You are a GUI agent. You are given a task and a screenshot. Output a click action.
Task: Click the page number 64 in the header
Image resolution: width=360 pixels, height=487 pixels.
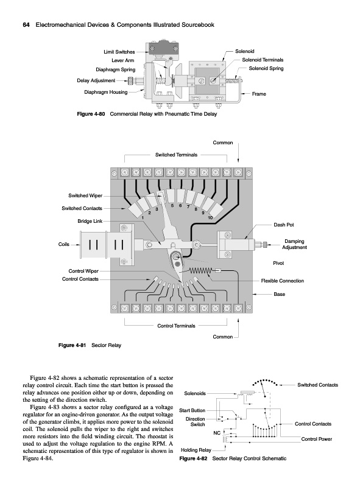(26, 25)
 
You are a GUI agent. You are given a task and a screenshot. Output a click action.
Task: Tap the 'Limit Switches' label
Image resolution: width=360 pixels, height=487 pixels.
(119, 52)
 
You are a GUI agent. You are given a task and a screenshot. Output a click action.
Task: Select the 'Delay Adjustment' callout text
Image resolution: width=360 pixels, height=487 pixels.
(96, 81)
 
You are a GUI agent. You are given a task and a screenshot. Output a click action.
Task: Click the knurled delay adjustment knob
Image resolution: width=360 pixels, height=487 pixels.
(132, 81)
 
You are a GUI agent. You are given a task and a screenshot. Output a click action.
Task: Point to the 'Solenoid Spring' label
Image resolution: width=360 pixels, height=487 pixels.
(266, 68)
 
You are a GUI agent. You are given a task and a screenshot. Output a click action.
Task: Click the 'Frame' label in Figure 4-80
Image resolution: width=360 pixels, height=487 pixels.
(259, 94)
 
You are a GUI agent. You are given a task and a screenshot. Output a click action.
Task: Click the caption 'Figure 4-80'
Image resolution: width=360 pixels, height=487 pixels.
(91, 114)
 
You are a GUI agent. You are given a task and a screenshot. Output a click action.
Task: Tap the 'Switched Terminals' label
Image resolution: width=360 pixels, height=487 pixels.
(176, 155)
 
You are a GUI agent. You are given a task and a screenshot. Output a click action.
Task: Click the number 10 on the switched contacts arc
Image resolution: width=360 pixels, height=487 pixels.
(210, 218)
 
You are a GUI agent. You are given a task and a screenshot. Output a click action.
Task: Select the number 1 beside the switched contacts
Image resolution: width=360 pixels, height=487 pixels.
(143, 218)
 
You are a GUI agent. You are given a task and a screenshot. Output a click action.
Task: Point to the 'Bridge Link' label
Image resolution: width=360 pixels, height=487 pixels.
(90, 221)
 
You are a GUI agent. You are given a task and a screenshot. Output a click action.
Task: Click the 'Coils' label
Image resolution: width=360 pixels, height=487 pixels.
(64, 245)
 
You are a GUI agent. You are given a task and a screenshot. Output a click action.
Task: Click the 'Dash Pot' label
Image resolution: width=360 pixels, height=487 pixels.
(283, 225)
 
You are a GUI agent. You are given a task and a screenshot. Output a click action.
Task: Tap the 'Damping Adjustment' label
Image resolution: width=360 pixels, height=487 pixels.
(294, 244)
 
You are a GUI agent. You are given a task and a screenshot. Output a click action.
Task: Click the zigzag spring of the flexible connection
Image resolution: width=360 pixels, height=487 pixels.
(200, 270)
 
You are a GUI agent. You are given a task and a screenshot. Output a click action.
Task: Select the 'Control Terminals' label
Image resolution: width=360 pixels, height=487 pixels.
(176, 326)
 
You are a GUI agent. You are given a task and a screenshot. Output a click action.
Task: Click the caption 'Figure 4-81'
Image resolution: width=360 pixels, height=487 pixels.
(72, 345)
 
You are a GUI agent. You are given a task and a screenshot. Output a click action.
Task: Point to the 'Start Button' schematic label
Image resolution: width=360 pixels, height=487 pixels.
(192, 410)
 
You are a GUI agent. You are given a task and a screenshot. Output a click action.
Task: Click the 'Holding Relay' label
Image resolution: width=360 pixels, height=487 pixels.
(196, 450)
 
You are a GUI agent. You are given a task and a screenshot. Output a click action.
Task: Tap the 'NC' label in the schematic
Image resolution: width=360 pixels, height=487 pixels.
(217, 433)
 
